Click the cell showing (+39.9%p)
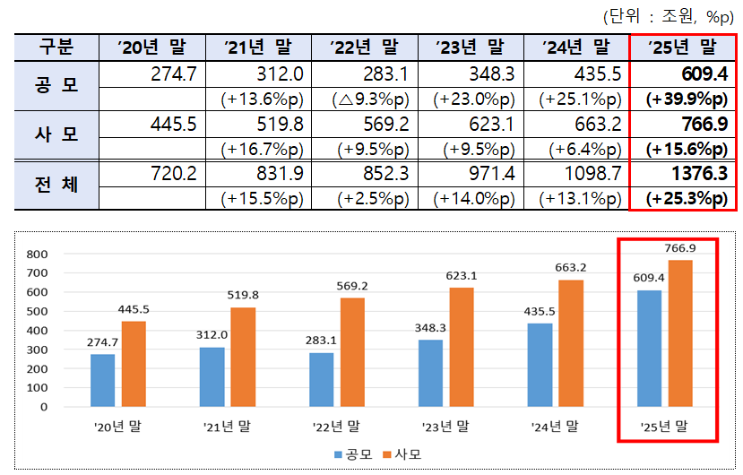click(x=686, y=99)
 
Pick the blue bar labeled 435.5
click(x=540, y=365)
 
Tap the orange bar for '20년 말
click(x=134, y=364)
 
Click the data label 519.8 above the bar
click(x=243, y=295)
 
